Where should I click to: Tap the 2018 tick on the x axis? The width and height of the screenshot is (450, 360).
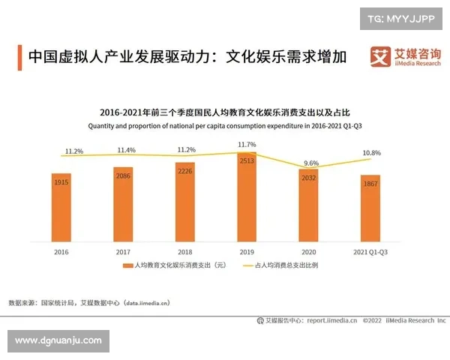(185, 251)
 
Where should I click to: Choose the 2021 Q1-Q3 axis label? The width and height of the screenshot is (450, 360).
(370, 251)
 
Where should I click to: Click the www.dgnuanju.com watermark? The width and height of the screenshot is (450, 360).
(58, 340)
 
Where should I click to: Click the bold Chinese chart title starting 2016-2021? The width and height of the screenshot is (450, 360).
(224, 113)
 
